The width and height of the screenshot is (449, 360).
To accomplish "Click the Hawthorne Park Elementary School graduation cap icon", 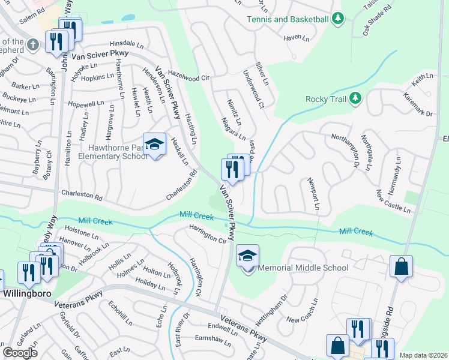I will click(154, 144).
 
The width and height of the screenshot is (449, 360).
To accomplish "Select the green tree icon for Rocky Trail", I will click(355, 98).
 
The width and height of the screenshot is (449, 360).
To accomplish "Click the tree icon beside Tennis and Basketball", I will click(338, 19).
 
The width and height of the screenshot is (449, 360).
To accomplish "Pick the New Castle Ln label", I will click(393, 201).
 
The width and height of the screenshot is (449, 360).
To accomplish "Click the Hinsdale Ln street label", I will click(127, 45).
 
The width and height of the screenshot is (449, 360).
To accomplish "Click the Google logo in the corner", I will click(20, 353).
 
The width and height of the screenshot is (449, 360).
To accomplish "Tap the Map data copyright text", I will click(423, 355).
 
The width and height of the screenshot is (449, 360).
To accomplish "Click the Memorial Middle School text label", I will click(303, 268).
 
